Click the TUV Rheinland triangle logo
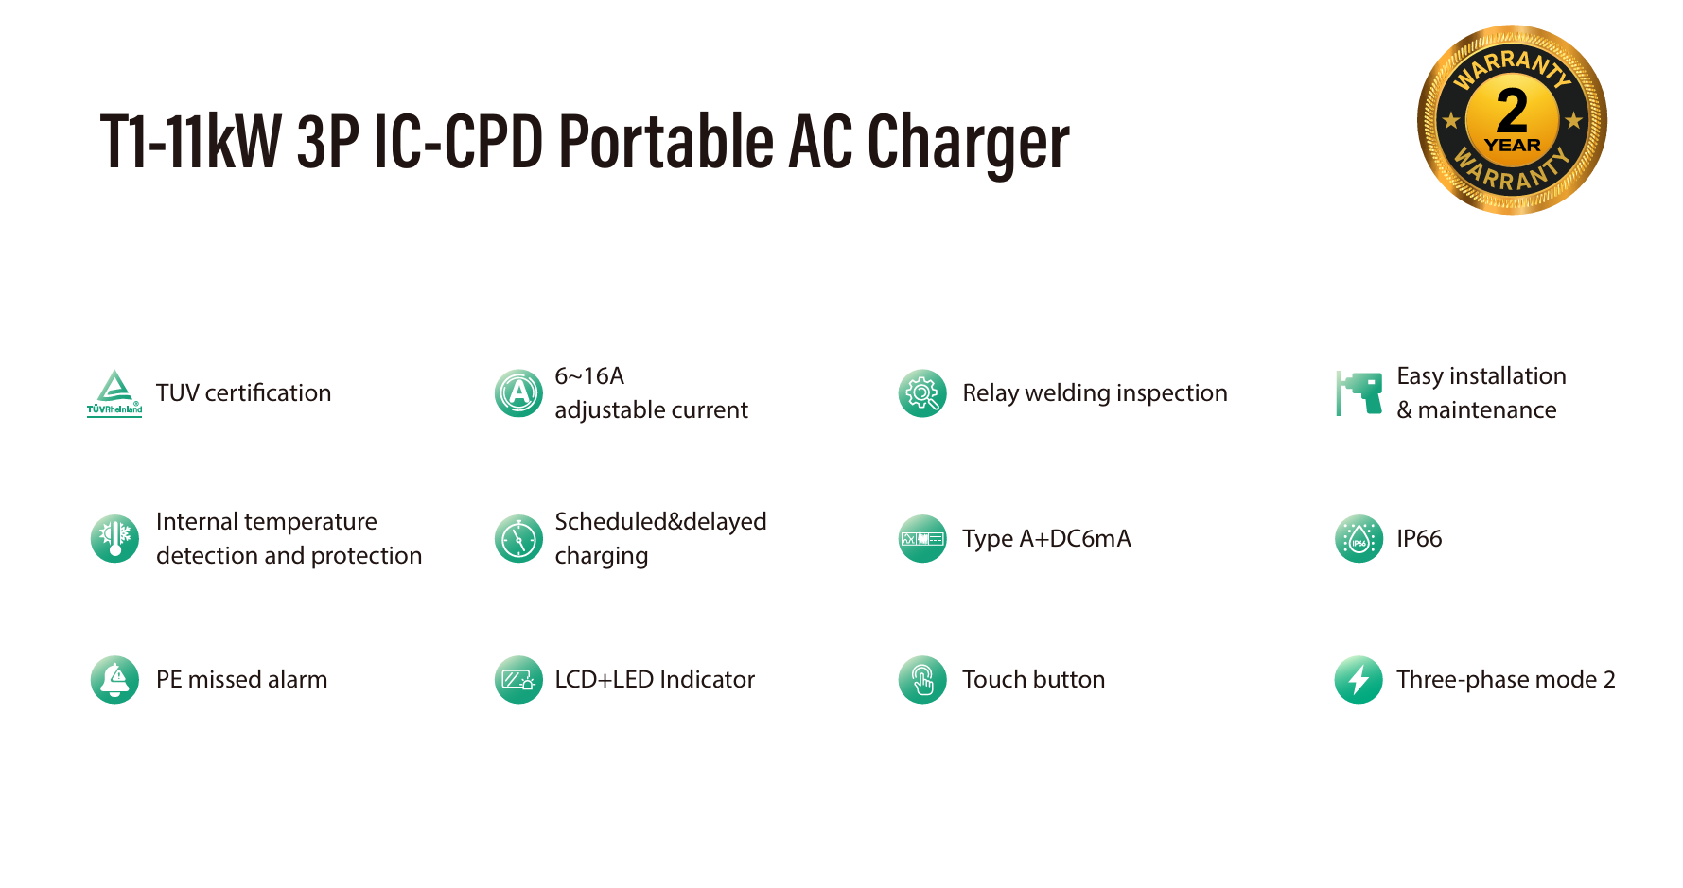[x=114, y=392]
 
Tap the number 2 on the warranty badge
[x=1512, y=110]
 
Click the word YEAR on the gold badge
[x=1512, y=145]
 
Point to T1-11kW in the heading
[x=191, y=142]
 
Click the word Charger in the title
[x=968, y=144]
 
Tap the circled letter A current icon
[x=518, y=392]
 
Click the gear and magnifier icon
[x=922, y=392]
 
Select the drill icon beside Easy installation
[x=1359, y=392]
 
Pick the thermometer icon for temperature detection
[x=114, y=538]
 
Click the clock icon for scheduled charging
[x=518, y=538]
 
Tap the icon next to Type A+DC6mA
[x=922, y=538]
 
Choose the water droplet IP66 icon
[x=1359, y=538]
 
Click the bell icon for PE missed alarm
[x=114, y=679]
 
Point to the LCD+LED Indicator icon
[x=518, y=679]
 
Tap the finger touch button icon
[x=922, y=679]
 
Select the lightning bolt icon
[x=1359, y=679]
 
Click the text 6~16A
[x=589, y=375]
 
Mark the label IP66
[x=1419, y=538]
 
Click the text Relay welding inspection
[x=1095, y=393]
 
